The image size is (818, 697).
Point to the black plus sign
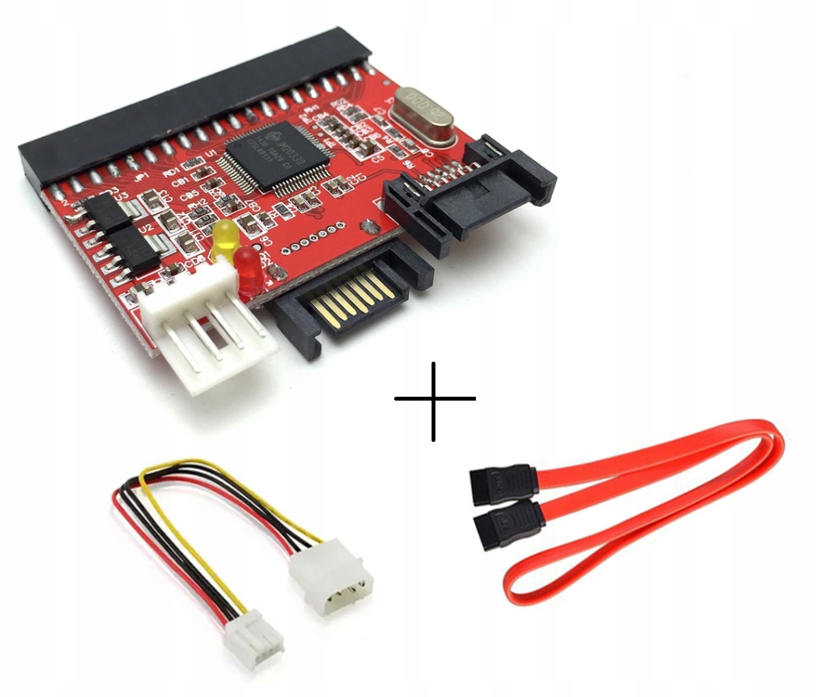tap(435, 400)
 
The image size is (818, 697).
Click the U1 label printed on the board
tap(211, 156)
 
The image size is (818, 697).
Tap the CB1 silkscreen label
tap(181, 183)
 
